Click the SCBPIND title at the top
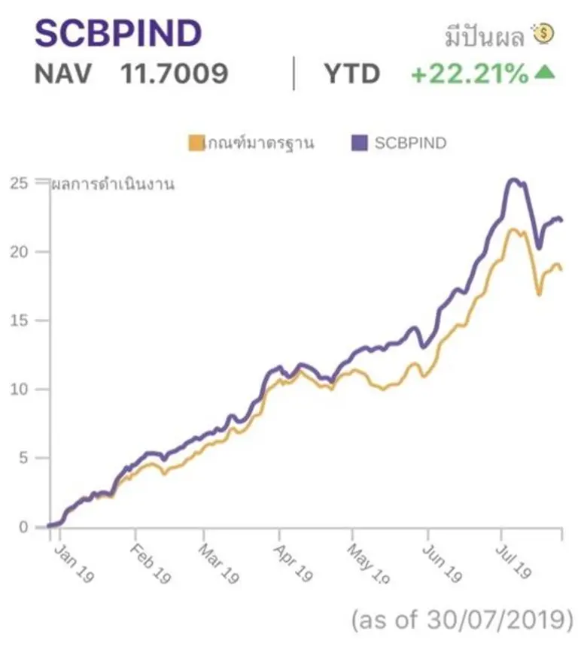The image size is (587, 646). (119, 33)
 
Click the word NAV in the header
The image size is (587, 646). (65, 74)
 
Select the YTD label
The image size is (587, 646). (351, 74)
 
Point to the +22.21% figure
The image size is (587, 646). (470, 74)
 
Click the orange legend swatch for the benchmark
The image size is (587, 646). (196, 143)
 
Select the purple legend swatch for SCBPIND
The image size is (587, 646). (359, 143)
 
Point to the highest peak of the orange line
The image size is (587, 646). (515, 229)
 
